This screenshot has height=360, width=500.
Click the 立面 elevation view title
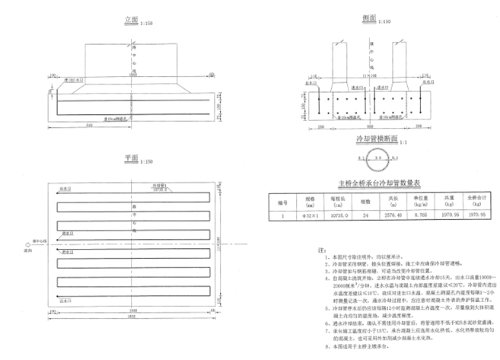pyautogui.click(x=132, y=21)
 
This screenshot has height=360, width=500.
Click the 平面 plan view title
pyautogui.click(x=132, y=158)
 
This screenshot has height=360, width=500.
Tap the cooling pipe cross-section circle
pyautogui.click(x=377, y=158)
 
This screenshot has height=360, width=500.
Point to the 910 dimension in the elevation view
pyautogui.click(x=89, y=123)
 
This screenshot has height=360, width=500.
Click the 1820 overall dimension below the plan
pyautogui.click(x=132, y=316)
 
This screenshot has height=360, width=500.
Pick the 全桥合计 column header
pyautogui.click(x=478, y=202)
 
